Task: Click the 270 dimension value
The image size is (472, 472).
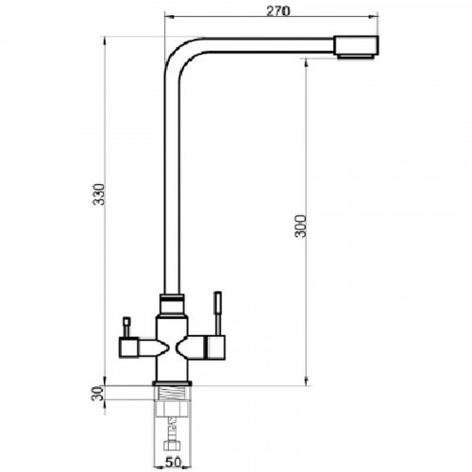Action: click(278, 11)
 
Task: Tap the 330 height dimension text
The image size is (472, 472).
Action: click(99, 194)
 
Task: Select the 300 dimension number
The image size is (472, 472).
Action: click(301, 226)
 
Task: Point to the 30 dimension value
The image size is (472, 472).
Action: click(97, 394)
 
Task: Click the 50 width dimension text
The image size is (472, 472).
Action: click(174, 463)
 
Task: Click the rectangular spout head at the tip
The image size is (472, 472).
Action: click(356, 45)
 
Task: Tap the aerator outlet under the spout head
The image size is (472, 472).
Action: click(356, 57)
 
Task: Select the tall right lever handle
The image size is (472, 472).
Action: click(218, 313)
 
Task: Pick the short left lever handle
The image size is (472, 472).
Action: click(126, 328)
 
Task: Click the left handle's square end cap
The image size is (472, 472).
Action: click(128, 347)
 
